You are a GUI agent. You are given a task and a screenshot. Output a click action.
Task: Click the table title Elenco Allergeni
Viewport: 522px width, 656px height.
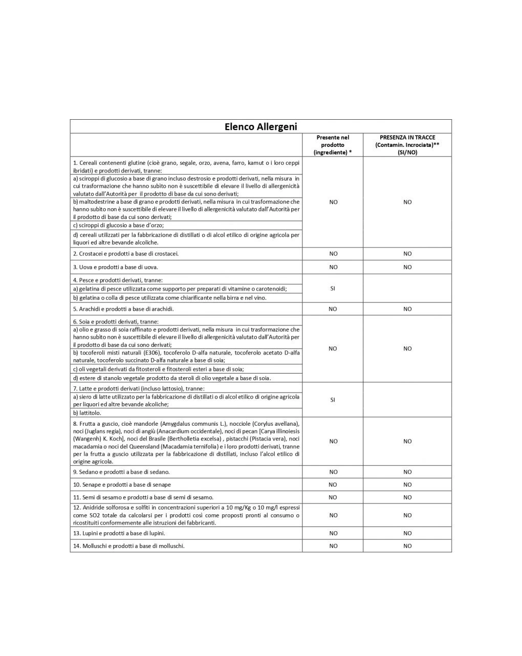[260, 126]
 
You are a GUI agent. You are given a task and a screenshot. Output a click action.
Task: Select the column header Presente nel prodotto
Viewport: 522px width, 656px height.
[333, 145]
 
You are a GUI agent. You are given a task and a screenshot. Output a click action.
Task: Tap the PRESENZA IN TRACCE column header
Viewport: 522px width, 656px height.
[407, 145]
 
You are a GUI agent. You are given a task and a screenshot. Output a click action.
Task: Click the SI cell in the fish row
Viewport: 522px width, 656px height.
[333, 289]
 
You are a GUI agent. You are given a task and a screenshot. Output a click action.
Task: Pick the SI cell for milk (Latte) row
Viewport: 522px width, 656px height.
[333, 400]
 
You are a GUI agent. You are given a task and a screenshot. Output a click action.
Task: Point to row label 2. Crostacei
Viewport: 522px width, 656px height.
[126, 254]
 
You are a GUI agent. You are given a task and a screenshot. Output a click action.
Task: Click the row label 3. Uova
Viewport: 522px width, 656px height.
[116, 267]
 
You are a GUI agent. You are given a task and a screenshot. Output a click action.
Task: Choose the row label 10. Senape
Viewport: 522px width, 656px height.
[122, 485]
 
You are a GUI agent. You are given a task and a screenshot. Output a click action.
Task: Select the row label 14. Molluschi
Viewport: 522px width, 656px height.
[128, 546]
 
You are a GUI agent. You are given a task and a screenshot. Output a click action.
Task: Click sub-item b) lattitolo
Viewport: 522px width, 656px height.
[88, 412]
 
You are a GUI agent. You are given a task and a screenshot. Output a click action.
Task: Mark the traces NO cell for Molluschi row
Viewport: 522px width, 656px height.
[407, 546]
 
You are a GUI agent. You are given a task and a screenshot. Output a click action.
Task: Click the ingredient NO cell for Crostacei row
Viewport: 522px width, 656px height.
[333, 254]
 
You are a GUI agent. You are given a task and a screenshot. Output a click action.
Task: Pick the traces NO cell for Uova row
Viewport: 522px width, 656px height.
[407, 267]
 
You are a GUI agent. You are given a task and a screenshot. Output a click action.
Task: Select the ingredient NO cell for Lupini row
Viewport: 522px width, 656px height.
[333, 533]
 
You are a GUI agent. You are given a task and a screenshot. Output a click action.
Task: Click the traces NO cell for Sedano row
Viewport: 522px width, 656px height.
[407, 472]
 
